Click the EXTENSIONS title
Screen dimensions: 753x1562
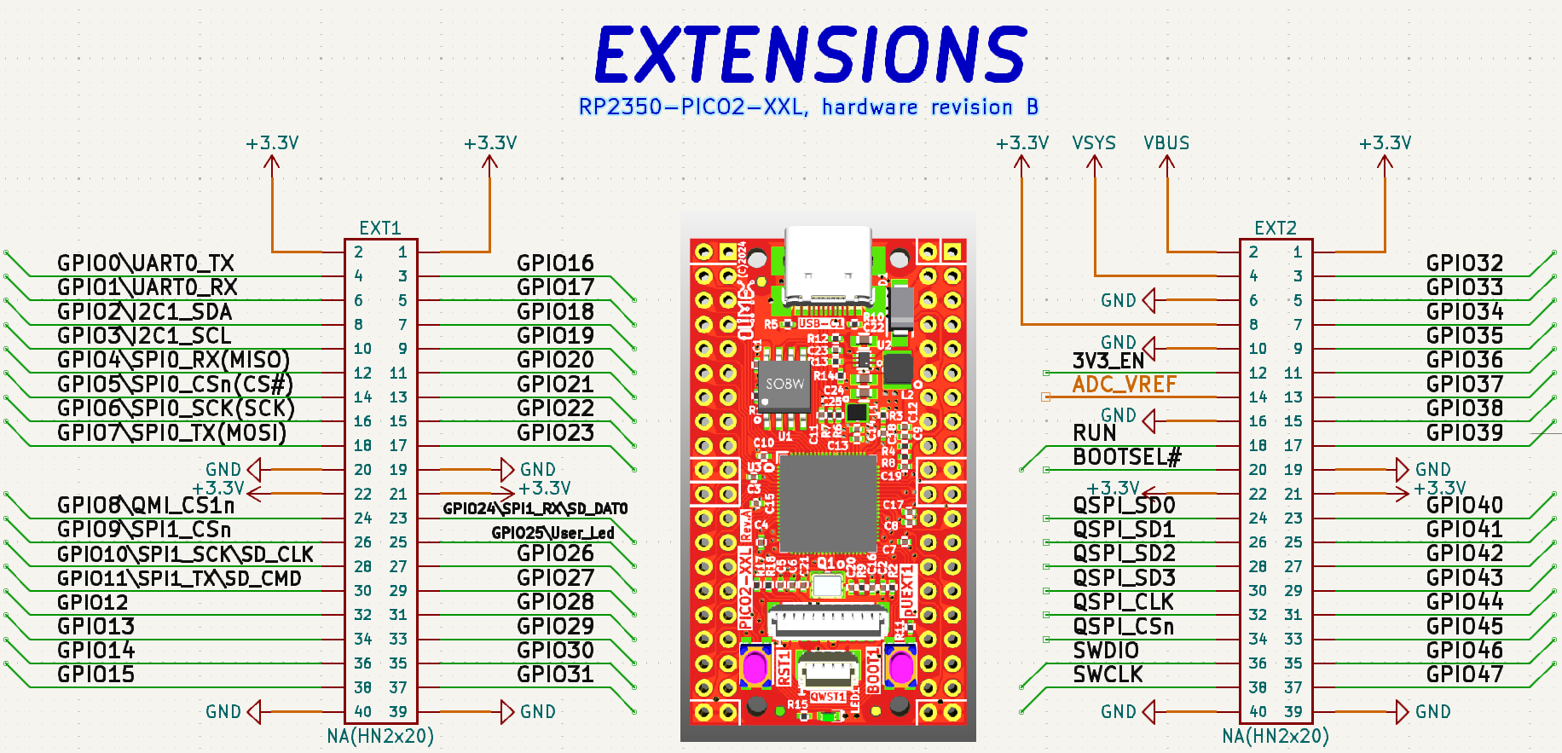[810, 54]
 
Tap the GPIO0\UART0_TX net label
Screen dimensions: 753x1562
[145, 263]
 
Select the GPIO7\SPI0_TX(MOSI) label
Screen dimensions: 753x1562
[171, 432]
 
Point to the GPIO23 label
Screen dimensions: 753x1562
[555, 432]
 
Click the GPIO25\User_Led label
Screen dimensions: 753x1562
[552, 533]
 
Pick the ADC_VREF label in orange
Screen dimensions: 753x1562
[1124, 385]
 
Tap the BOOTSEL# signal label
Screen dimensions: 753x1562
[1126, 457]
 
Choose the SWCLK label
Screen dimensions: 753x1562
[1108, 675]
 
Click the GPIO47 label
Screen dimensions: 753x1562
[1464, 675]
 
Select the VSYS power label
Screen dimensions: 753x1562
[1094, 143]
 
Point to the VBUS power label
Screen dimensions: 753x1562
[1166, 143]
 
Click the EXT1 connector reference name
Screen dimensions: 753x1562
[380, 229]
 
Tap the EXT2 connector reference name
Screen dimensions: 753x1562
[1276, 229]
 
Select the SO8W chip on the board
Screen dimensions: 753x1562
[784, 385]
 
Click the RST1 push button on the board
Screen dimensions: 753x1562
[755, 667]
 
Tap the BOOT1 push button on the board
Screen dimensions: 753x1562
[900, 667]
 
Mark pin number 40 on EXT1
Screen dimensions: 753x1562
[363, 711]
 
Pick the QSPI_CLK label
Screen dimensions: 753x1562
[1123, 602]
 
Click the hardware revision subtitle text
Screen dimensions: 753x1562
[808, 107]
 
